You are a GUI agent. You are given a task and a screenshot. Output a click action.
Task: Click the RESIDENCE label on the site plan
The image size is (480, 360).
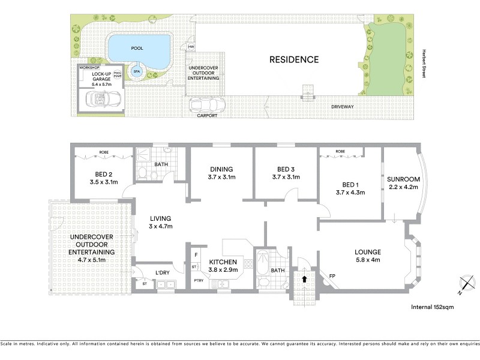[293, 59]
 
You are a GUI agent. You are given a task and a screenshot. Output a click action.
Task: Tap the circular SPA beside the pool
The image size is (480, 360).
[136, 71]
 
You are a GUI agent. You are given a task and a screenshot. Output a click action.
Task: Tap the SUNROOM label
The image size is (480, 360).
[403, 179]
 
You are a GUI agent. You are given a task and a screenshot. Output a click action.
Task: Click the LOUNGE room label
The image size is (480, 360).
[367, 251]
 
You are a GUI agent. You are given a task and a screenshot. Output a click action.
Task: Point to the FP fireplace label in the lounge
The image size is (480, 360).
[332, 276]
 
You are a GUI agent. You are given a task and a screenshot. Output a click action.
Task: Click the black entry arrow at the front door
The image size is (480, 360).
[305, 278]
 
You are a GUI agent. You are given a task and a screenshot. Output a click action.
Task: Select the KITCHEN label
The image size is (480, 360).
[223, 262]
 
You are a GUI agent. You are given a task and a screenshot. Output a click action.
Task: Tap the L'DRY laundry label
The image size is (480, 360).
[164, 273]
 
